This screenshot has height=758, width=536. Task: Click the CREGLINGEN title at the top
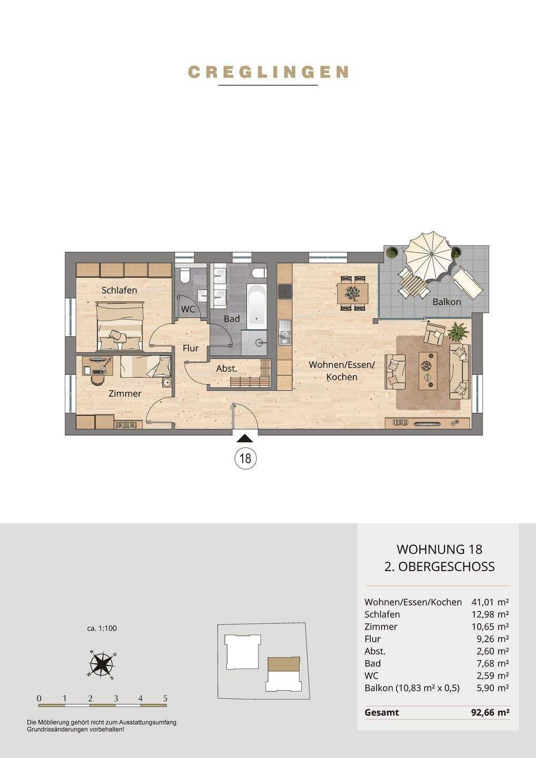[268, 72]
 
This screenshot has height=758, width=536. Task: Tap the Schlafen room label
[120, 290]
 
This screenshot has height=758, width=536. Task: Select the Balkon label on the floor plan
[446, 302]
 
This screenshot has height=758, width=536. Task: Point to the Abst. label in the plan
[227, 368]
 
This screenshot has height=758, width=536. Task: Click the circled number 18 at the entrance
[245, 458]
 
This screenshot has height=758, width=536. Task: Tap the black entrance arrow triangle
[245, 439]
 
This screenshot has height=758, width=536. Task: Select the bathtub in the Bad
[256, 306]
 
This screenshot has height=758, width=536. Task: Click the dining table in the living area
[353, 293]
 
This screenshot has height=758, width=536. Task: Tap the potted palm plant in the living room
[458, 331]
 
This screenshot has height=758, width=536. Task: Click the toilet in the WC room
[185, 275]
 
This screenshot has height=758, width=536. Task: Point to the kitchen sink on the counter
[284, 332]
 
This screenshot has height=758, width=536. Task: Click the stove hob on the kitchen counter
[284, 292]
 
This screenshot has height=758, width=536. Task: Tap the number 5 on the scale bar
[165, 699]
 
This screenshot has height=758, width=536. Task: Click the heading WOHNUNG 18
[439, 549]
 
